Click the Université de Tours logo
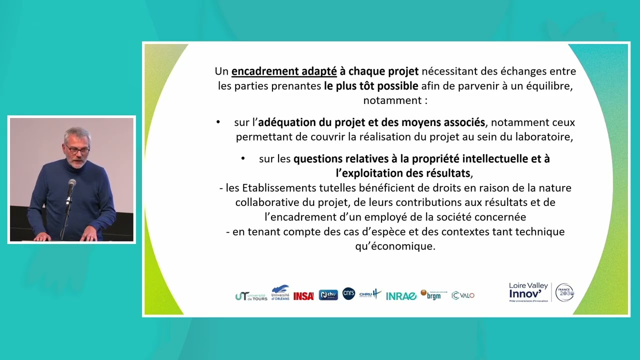point(251,295)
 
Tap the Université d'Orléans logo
point(280,292)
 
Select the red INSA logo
point(303,296)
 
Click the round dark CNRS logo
point(348,293)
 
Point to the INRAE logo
point(401,296)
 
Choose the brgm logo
point(430,294)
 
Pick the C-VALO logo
point(463,295)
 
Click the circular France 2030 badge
point(564,292)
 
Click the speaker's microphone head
point(71,184)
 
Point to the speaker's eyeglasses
point(77,149)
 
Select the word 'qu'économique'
point(395,246)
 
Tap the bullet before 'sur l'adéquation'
point(218,122)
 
